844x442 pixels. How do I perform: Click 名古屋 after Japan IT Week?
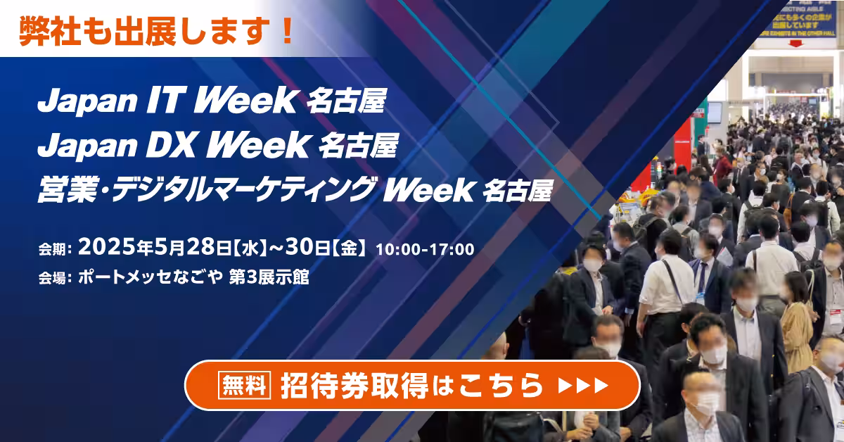coord(346,103)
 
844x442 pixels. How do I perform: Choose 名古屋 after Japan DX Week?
coord(358,146)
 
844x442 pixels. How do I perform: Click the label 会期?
coord(56,249)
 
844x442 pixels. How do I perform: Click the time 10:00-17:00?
coord(425,248)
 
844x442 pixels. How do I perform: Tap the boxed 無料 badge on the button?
coord(245,385)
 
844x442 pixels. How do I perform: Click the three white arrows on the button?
coord(582,385)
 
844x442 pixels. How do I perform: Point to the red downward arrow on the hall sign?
coord(795,42)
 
